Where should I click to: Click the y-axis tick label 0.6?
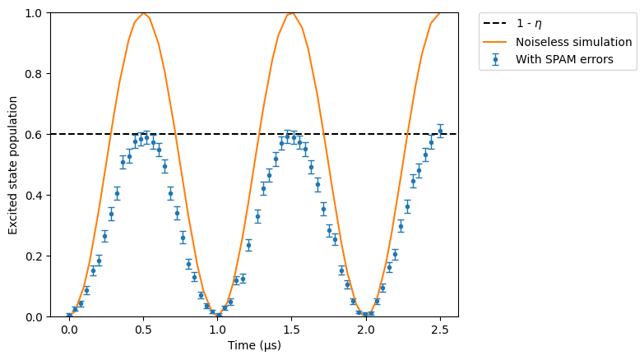(34, 135)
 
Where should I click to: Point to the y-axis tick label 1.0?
(34, 13)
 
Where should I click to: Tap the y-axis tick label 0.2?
(34, 256)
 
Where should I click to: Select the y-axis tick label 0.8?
(34, 74)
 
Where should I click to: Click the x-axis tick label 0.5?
(143, 330)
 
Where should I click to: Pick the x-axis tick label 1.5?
(292, 330)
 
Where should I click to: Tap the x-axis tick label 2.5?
(440, 330)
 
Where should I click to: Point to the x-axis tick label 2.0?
(366, 330)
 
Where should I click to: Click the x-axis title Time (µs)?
(255, 345)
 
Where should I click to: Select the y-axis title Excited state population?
(12, 165)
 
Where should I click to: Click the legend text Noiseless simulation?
(574, 42)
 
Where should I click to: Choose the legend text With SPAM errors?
(564, 59)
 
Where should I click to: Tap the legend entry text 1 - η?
(529, 24)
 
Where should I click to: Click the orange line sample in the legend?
(495, 42)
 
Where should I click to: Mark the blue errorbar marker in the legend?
(495, 59)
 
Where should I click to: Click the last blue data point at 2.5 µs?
(440, 132)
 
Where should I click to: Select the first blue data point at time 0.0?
(69, 316)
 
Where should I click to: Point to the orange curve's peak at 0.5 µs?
(143, 13)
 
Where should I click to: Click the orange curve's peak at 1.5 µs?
(292, 13)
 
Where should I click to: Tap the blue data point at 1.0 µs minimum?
(219, 316)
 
